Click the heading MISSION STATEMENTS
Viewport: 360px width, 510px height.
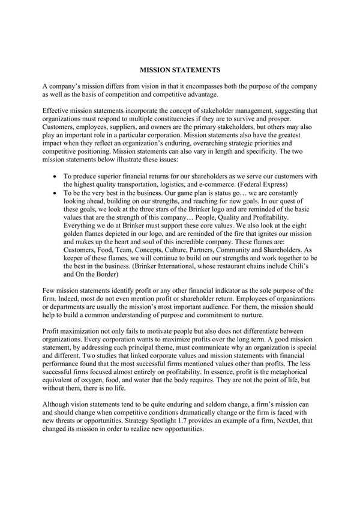click(x=179, y=70)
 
